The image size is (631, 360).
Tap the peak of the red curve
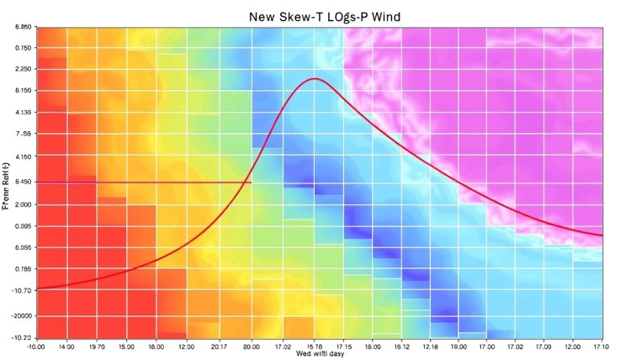315,79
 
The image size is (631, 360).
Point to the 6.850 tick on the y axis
22,28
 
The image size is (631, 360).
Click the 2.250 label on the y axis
22,69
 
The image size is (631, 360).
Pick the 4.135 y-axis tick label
22,112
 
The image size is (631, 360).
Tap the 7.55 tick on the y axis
23,134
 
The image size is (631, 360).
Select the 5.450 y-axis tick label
22,183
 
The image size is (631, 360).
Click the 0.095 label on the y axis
22,226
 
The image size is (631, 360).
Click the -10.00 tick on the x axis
37,346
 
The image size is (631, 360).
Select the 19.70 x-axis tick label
97,346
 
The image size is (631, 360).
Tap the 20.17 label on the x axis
219,346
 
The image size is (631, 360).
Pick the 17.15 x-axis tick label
343,346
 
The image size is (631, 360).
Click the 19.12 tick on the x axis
402,346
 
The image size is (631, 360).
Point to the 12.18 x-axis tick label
431,346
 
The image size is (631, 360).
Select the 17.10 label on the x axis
601,346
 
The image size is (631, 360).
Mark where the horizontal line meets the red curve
252,183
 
